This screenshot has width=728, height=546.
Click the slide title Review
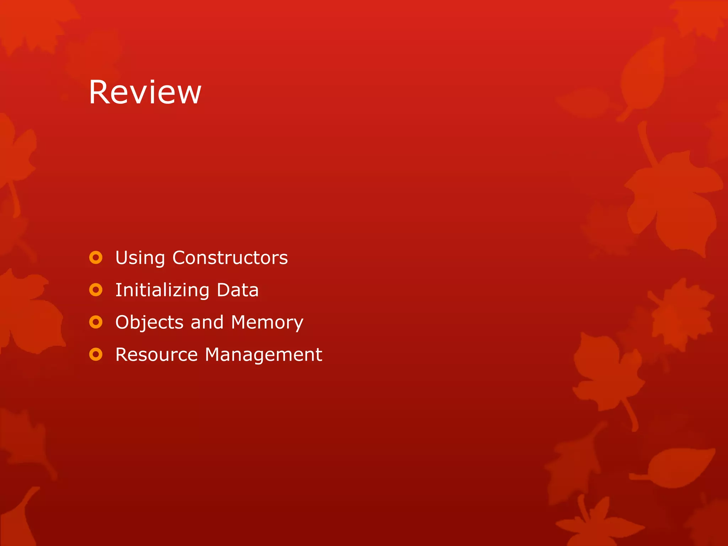tap(145, 92)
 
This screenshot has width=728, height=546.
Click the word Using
tap(140, 258)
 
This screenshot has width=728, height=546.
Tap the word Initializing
tap(162, 290)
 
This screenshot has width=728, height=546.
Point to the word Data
tap(237, 290)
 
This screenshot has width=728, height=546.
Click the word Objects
tap(149, 323)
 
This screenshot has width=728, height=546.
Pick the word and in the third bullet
tap(207, 322)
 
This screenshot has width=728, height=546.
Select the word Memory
tap(267, 323)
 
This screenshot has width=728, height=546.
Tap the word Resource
tap(156, 354)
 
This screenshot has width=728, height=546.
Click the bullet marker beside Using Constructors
tap(96, 258)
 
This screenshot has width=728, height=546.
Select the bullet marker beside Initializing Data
tap(96, 290)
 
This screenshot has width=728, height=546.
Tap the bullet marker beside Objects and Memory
tap(96, 322)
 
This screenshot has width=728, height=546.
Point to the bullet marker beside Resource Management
tap(96, 354)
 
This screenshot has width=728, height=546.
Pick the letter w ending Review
tap(190, 94)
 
